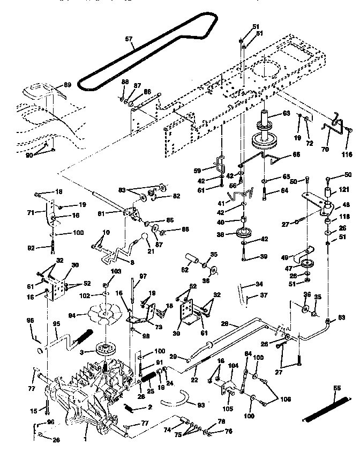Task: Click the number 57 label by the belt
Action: pyautogui.click(x=129, y=39)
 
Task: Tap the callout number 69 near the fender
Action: pyautogui.click(x=67, y=85)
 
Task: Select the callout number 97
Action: pyautogui.click(x=142, y=276)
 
